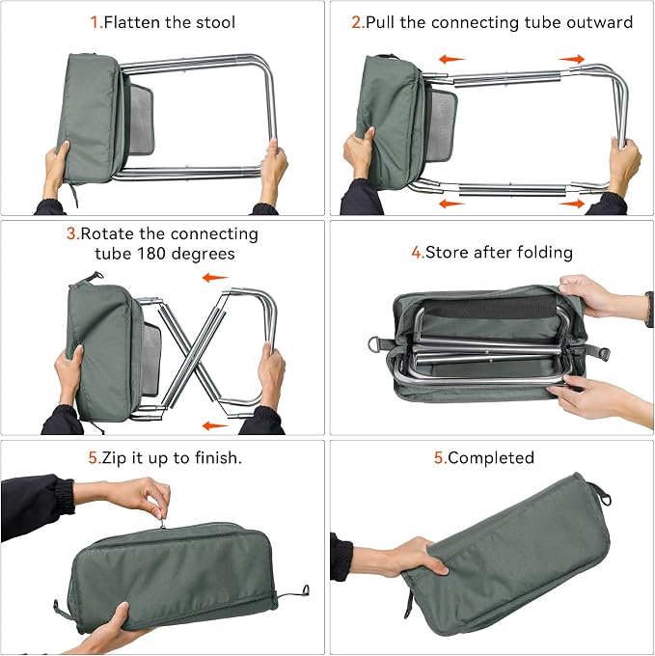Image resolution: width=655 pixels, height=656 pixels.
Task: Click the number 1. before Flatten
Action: (x=96, y=22)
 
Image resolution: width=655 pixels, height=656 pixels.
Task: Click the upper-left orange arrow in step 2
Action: (x=451, y=60)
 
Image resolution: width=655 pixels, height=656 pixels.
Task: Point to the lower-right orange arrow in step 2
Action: (x=571, y=204)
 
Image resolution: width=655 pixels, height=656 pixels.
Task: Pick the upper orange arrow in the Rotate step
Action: (x=215, y=278)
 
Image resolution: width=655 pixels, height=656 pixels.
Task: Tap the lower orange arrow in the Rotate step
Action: (x=215, y=425)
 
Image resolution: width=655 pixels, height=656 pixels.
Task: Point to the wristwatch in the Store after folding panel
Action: (x=649, y=309)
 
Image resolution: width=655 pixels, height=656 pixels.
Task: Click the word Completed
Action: (x=491, y=457)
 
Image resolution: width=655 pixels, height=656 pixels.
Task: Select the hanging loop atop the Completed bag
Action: (x=602, y=494)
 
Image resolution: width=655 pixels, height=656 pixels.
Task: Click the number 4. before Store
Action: (x=418, y=253)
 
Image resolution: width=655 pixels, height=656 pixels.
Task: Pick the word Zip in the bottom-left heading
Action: (x=114, y=458)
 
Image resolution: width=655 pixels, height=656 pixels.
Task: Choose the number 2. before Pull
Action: (x=359, y=22)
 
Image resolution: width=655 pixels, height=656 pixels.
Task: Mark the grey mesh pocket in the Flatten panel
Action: (x=142, y=121)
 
